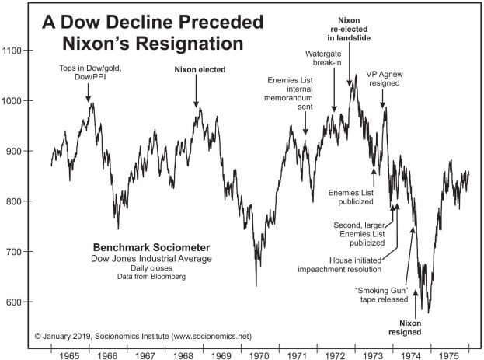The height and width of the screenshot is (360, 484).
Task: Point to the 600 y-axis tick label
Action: click(x=23, y=302)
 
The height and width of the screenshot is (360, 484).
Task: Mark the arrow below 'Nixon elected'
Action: click(x=196, y=93)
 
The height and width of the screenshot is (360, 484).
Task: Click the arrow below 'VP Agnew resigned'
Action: click(x=383, y=97)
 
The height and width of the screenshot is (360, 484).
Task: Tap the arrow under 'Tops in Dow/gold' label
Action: click(x=89, y=93)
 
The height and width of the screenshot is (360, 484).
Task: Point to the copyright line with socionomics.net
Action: click(x=144, y=335)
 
